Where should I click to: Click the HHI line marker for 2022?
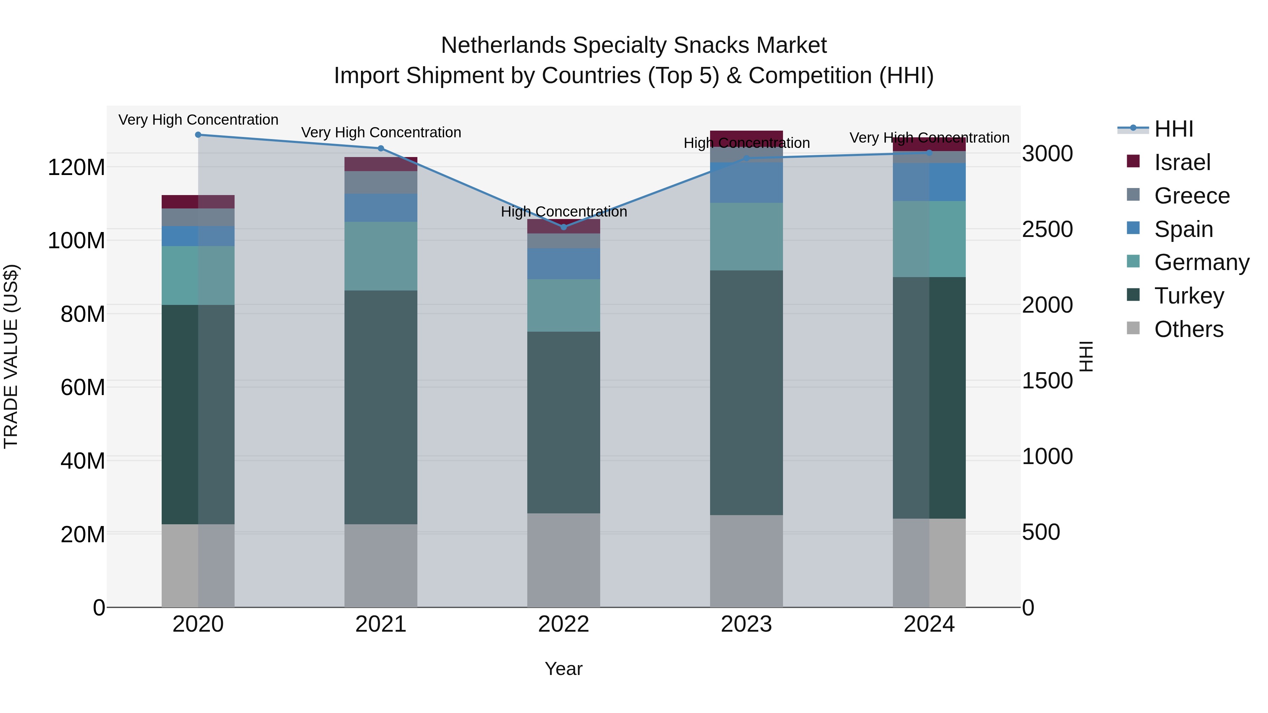coord(564,227)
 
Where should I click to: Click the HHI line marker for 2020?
coord(198,135)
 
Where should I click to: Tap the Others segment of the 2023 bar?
coord(746,561)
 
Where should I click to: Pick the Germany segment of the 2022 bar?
coord(564,305)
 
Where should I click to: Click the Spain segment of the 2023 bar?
coord(746,182)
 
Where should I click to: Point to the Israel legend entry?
coord(1182,162)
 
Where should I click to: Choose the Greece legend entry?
coord(1192,196)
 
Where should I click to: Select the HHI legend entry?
coord(1174,129)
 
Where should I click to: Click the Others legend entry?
coord(1188,329)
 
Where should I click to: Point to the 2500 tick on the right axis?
coord(1048,229)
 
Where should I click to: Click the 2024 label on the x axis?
coord(929,624)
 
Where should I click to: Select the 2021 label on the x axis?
coord(380,624)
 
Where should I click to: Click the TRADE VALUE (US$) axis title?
coord(11,356)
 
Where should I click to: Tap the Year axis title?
coord(564,669)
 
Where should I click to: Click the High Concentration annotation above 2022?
coord(564,212)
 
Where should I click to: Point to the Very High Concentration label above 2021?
coord(380,132)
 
